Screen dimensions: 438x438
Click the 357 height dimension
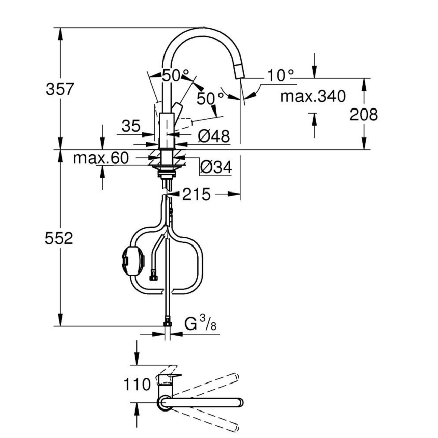60,89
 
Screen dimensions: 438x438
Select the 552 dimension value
59,238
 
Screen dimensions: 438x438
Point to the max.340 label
313,96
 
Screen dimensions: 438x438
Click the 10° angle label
281,76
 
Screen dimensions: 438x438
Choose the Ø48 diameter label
213,136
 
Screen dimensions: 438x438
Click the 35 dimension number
131,126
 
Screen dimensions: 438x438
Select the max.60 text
101,158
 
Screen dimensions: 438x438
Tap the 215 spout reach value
196,194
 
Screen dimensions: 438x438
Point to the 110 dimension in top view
137,384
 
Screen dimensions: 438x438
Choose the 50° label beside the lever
210,98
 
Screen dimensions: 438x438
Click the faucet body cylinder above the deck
167,130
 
